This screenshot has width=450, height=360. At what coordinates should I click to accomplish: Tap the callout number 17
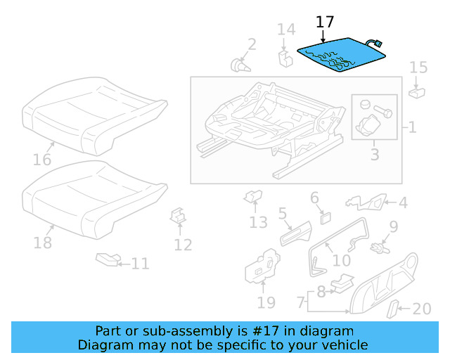click(325, 22)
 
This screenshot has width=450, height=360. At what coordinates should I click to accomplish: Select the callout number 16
click(42, 160)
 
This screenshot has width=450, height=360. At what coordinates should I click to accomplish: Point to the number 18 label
click(43, 243)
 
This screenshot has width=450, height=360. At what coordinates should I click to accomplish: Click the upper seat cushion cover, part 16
click(95, 116)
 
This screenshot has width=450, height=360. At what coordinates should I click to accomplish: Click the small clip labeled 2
click(241, 65)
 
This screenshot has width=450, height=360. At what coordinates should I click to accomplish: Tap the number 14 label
click(285, 29)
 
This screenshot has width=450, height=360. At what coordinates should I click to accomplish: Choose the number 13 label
click(258, 222)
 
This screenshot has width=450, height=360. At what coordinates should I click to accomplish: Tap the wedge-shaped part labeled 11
click(107, 261)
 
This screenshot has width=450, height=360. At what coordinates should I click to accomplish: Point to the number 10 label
click(341, 260)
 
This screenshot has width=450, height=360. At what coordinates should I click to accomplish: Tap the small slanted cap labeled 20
click(394, 308)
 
